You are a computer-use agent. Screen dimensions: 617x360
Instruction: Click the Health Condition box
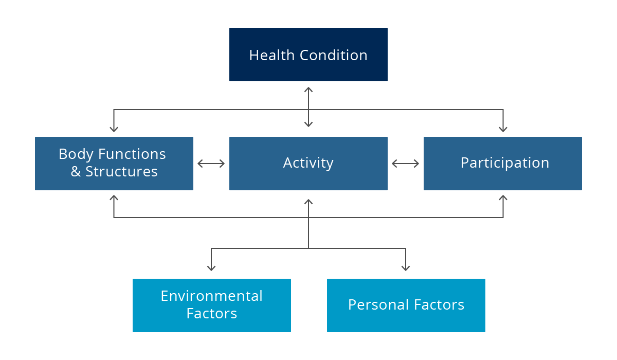(x=308, y=55)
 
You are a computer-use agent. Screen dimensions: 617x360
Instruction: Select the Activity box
(x=308, y=164)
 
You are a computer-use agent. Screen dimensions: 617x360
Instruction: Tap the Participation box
(x=503, y=164)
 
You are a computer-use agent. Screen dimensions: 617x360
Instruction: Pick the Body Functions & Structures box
(x=114, y=164)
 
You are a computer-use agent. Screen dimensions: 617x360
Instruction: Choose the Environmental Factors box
(x=211, y=305)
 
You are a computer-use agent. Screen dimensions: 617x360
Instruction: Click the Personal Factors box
(x=406, y=305)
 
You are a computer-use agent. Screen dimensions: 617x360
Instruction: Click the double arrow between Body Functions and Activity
(x=211, y=164)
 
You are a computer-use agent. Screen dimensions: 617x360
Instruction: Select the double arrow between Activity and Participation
(x=406, y=164)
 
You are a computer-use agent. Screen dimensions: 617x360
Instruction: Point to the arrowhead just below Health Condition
(x=308, y=89)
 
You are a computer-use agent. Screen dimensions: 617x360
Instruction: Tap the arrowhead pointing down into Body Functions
(x=114, y=130)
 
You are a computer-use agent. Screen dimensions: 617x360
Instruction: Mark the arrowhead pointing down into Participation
(x=503, y=130)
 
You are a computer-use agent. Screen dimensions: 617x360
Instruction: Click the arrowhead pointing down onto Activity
(x=308, y=124)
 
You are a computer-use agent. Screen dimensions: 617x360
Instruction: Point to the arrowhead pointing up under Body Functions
(x=114, y=198)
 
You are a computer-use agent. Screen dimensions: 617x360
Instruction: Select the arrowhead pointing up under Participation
(x=503, y=198)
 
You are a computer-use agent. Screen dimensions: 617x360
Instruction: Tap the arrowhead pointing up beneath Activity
(x=308, y=202)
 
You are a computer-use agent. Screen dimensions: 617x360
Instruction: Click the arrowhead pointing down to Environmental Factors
(x=211, y=268)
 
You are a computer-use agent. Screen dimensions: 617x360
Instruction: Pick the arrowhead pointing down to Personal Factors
(x=406, y=268)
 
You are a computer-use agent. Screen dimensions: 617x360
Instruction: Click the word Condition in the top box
(x=334, y=55)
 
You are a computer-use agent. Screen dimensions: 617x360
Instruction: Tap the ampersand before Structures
(x=76, y=172)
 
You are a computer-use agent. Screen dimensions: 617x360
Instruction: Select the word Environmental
(x=211, y=296)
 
